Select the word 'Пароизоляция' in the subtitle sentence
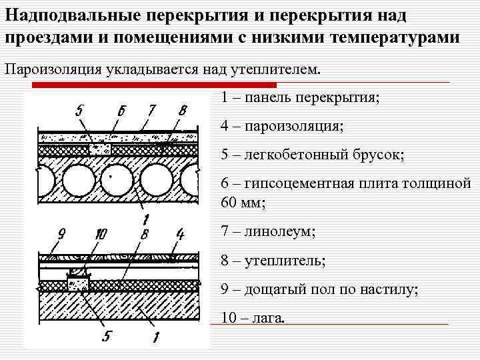(53, 69)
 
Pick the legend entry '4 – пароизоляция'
(283, 126)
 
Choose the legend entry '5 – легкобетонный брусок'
(313, 155)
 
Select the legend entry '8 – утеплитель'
(273, 261)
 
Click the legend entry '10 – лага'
(253, 318)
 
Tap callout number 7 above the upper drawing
(152, 110)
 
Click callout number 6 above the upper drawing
(121, 111)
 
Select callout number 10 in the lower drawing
(101, 234)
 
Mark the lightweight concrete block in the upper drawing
(101, 148)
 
